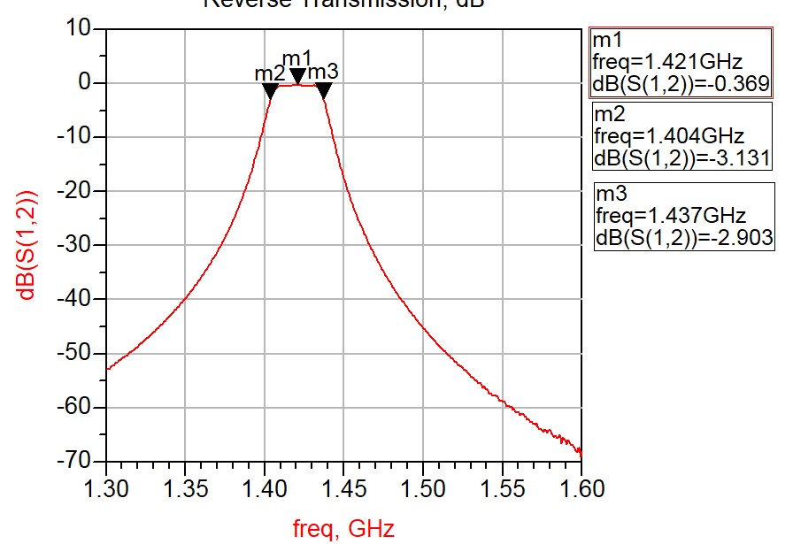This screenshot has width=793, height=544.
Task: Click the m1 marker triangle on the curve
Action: (x=297, y=76)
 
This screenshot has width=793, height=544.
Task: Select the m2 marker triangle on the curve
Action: (x=271, y=89)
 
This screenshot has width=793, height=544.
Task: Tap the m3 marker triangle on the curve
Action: (x=323, y=89)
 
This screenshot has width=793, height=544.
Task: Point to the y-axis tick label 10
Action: (x=81, y=28)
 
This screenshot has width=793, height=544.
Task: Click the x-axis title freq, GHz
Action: (x=343, y=529)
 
